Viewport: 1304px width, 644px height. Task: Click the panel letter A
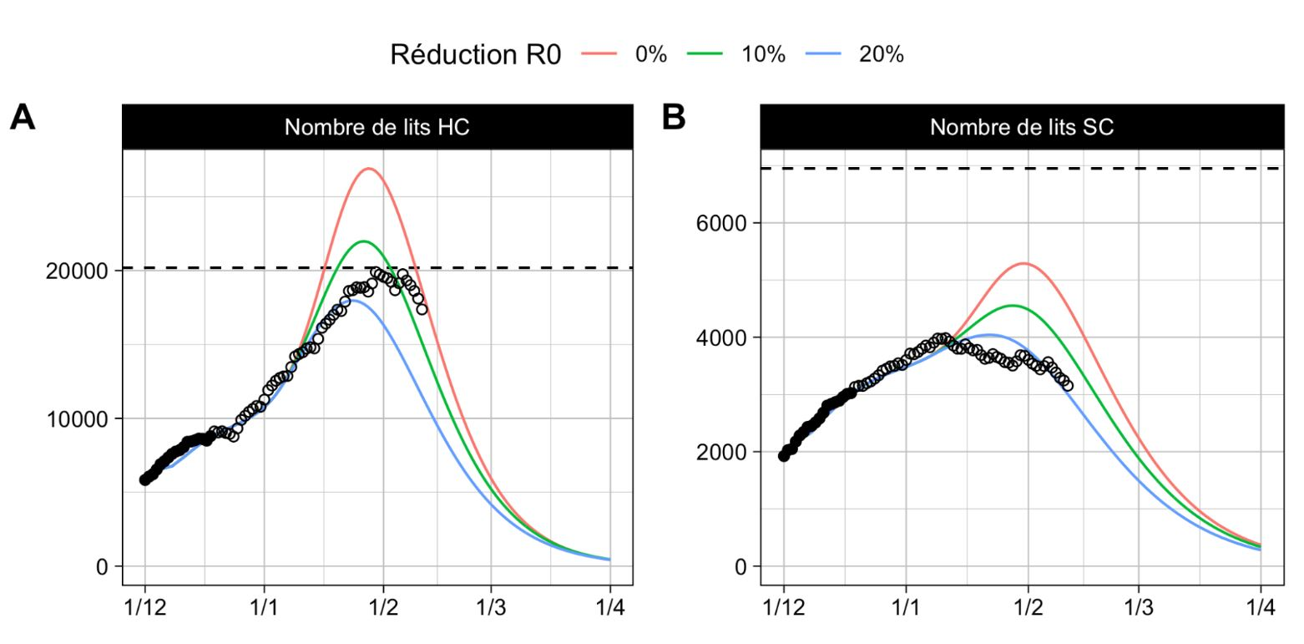(x=23, y=118)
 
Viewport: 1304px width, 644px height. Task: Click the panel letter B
(x=673, y=118)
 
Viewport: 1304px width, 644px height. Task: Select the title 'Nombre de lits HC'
(x=377, y=127)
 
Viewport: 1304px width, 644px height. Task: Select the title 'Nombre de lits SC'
(x=1021, y=127)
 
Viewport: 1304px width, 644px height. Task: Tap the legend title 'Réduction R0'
(x=475, y=55)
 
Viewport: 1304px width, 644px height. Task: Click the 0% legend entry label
(x=651, y=55)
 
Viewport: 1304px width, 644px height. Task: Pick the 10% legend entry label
(x=763, y=55)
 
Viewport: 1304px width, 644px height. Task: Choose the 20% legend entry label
(x=882, y=55)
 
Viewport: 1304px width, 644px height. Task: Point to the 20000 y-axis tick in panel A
(x=78, y=271)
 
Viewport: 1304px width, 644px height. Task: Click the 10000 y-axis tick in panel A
(x=78, y=418)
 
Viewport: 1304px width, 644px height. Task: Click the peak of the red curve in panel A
(x=368, y=169)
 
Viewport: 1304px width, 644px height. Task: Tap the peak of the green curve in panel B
(x=1013, y=306)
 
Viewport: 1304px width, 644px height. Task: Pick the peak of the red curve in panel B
(x=1024, y=264)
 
